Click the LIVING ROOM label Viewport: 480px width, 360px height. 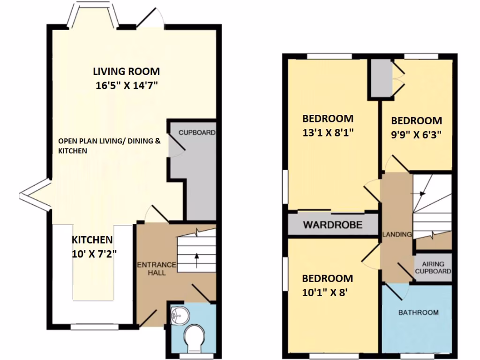click(x=126, y=72)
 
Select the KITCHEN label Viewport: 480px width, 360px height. click(x=92, y=240)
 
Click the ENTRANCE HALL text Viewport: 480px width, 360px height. click(x=156, y=269)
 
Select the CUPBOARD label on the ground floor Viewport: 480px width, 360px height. click(x=196, y=133)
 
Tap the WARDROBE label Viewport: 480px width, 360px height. click(x=332, y=225)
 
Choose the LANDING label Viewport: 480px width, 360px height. click(x=397, y=234)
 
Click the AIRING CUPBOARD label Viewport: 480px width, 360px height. click(x=433, y=268)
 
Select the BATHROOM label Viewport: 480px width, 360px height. click(x=418, y=313)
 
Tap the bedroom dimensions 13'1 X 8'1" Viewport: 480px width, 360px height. click(x=327, y=133)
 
